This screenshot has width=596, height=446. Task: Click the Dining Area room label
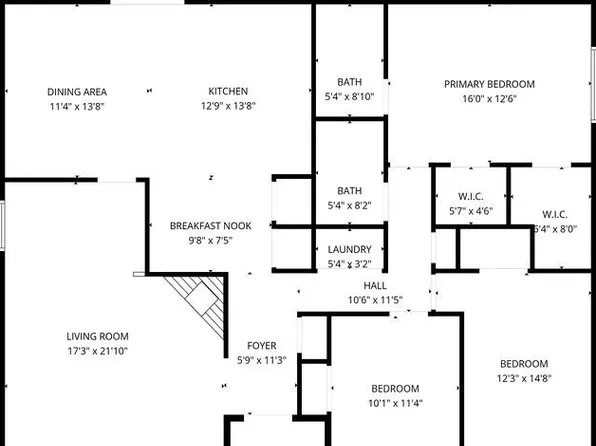pos(77,92)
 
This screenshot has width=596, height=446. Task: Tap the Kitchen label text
pos(228,92)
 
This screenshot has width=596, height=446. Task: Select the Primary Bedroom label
pos(489,84)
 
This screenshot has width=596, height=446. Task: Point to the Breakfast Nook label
pos(210,226)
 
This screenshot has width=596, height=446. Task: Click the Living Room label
pos(98,337)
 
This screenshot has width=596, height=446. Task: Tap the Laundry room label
pos(349,250)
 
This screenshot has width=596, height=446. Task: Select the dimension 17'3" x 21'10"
pos(98,352)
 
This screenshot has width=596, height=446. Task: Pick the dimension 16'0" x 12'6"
pos(489,98)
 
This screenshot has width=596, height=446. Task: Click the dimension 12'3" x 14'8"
pos(524,378)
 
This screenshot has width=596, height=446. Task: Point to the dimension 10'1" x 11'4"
pos(395,404)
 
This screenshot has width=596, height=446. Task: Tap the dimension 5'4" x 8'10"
pos(349,97)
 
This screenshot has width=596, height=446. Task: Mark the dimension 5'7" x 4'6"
pos(470,211)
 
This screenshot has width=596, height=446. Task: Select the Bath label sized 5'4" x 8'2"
pos(349,190)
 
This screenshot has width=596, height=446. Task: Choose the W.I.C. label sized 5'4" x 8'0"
pos(555,214)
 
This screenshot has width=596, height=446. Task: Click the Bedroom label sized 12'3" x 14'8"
pos(524,363)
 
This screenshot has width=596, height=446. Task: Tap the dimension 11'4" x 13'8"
pos(77,106)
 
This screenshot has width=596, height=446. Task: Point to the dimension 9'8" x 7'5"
pos(210,240)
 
